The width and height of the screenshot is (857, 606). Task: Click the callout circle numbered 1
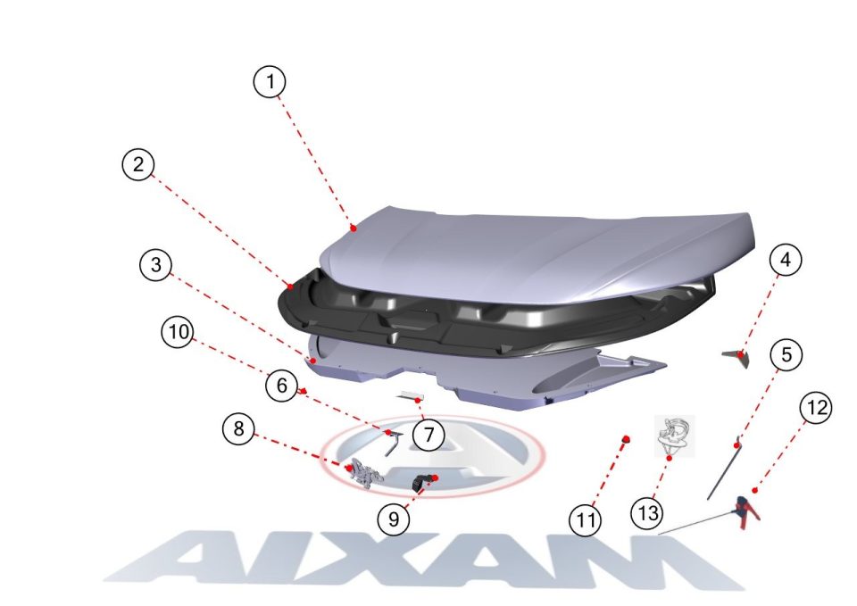click(x=270, y=82)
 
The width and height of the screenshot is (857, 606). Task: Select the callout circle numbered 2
click(x=138, y=164)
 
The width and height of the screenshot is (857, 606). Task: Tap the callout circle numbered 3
click(x=156, y=265)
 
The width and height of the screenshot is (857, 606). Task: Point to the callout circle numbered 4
click(x=786, y=260)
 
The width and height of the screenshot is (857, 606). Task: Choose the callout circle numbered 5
click(x=786, y=354)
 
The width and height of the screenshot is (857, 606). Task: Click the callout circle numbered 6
click(x=282, y=386)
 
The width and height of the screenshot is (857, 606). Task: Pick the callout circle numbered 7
click(x=428, y=435)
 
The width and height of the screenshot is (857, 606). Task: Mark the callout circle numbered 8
click(x=239, y=428)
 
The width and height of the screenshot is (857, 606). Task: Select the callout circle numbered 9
click(x=394, y=519)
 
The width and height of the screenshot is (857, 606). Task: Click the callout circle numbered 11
click(x=586, y=519)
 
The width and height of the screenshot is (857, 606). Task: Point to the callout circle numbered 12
click(x=816, y=408)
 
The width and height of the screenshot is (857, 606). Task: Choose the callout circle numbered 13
click(x=647, y=513)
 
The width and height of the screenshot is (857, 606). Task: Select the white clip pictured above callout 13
click(x=674, y=436)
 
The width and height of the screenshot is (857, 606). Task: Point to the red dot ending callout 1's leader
click(x=354, y=228)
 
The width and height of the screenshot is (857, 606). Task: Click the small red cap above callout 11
click(x=626, y=439)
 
